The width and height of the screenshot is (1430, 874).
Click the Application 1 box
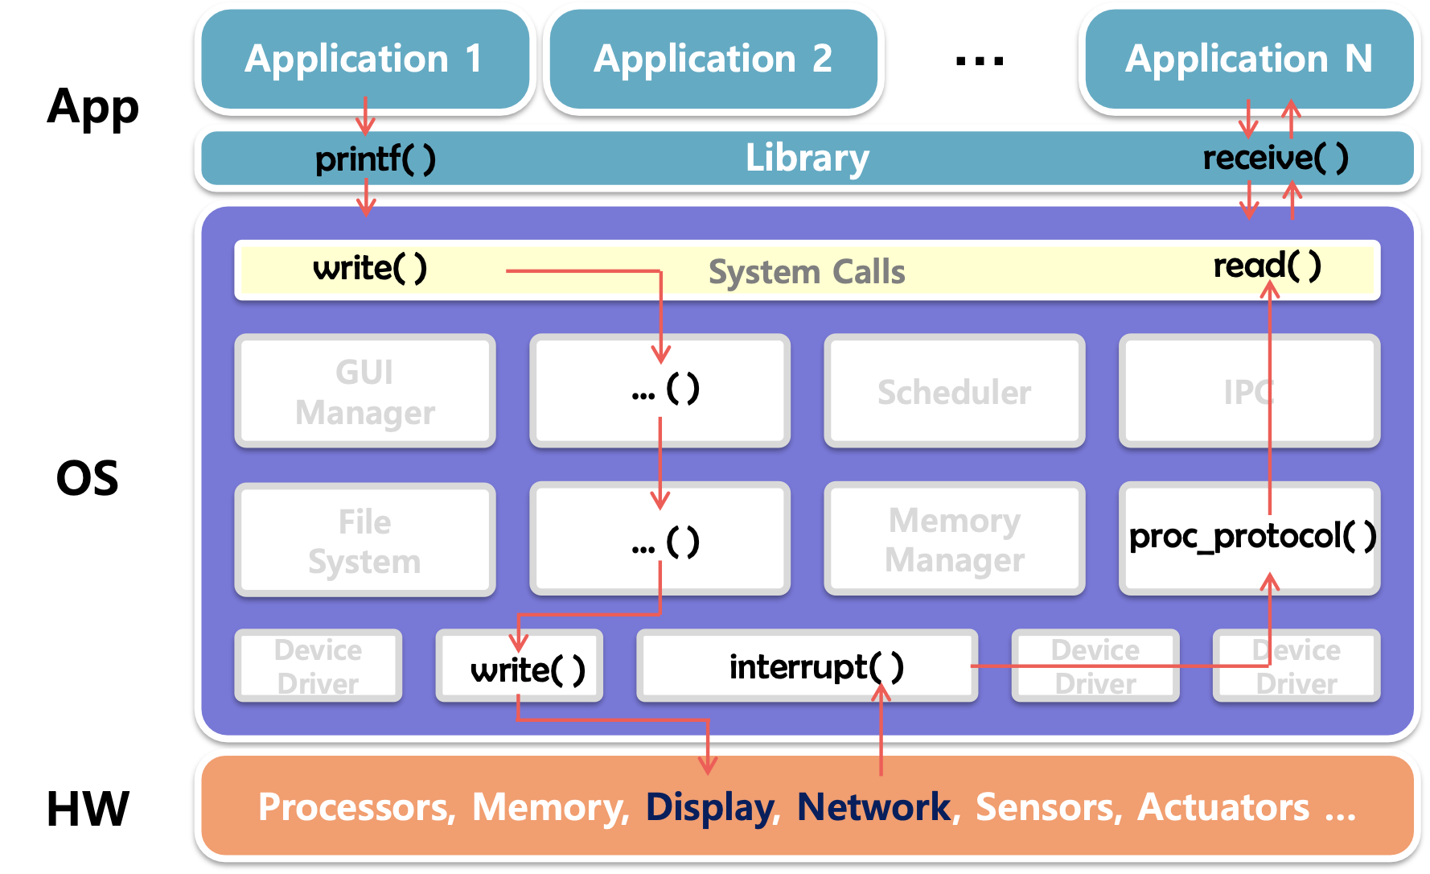[364, 59]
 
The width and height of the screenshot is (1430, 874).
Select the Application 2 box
[713, 59]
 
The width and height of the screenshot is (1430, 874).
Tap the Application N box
[1248, 59]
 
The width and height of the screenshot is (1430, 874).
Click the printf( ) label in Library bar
[375, 159]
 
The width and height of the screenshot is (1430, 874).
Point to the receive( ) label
[1275, 158]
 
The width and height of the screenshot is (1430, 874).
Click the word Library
[807, 158]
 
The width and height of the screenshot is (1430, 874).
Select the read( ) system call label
[1267, 266]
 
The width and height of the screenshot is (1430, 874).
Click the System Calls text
[807, 272]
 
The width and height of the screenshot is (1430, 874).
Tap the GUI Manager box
[364, 392]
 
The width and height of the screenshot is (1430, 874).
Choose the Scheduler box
[954, 392]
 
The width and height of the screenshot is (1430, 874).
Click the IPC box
[1248, 392]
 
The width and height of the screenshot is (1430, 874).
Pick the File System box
[364, 541]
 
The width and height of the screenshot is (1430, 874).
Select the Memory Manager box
[954, 539]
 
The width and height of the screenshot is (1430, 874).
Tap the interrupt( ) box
[807, 666]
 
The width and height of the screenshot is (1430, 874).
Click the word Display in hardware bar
[709, 807]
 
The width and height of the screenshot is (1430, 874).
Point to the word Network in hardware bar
[873, 807]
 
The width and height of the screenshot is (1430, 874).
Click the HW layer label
[88, 809]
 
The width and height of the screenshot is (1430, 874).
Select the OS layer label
[87, 478]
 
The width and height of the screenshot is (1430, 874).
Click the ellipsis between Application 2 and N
[979, 60]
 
